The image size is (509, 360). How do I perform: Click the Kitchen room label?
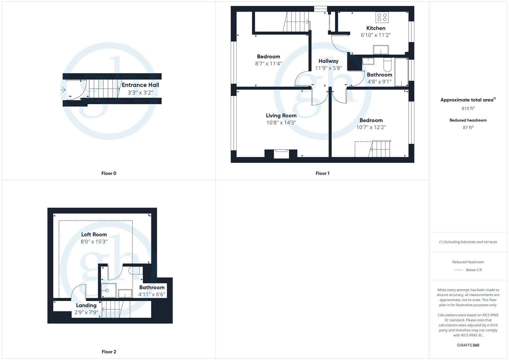tap(376, 28)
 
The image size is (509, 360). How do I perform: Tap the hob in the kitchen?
tap(382, 17)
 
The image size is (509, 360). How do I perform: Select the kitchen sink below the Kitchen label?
tap(381, 50)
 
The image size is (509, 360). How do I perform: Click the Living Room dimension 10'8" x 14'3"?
tap(281, 123)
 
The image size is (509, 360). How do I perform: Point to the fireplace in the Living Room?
tap(281, 154)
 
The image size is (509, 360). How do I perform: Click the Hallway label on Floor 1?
tap(328, 61)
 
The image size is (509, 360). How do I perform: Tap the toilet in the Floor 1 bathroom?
tap(387, 65)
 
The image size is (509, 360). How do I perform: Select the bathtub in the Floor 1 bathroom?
tap(401, 72)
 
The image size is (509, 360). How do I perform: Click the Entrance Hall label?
tap(140, 85)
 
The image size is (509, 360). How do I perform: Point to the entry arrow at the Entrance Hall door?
tap(63, 90)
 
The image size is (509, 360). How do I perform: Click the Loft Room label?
tap(94, 235)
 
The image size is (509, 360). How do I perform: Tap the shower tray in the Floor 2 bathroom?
tap(109, 290)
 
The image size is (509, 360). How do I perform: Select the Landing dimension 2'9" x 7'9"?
tap(86, 313)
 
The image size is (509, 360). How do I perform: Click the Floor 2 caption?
tap(109, 352)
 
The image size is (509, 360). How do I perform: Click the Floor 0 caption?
tap(109, 173)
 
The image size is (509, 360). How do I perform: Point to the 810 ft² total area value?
tap(468, 108)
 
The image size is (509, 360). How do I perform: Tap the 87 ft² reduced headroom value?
tap(468, 128)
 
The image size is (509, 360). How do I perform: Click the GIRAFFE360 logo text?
tap(468, 345)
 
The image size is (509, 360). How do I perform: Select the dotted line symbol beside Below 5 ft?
tap(459, 270)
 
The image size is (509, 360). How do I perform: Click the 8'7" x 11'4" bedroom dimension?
tap(268, 64)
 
